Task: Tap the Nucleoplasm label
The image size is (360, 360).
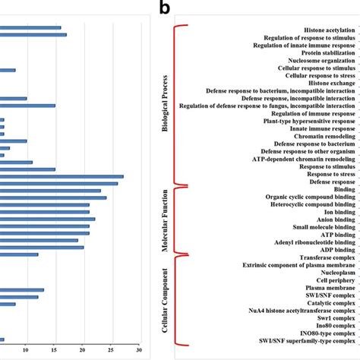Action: (x=332, y=272)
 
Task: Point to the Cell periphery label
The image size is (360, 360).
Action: (x=332, y=279)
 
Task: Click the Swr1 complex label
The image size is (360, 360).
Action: (x=331, y=317)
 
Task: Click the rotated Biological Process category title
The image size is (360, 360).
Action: (x=165, y=106)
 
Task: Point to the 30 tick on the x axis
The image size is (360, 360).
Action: (x=139, y=350)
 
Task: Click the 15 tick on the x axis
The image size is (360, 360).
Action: (x=54, y=350)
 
